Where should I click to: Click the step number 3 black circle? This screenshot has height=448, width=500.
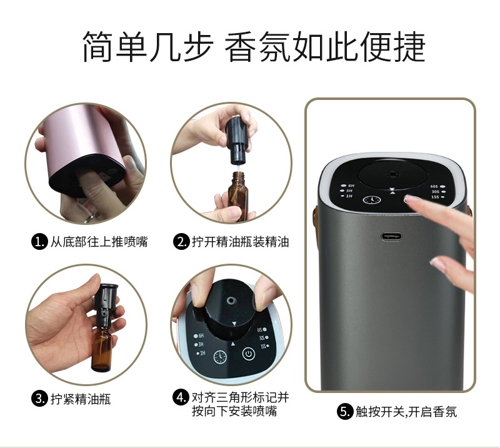pos(39,398)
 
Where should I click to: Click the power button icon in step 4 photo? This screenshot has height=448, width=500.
pos(249,353)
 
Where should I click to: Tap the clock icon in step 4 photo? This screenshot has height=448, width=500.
pos(220,357)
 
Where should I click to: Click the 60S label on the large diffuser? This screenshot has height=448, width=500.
pos(435,186)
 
